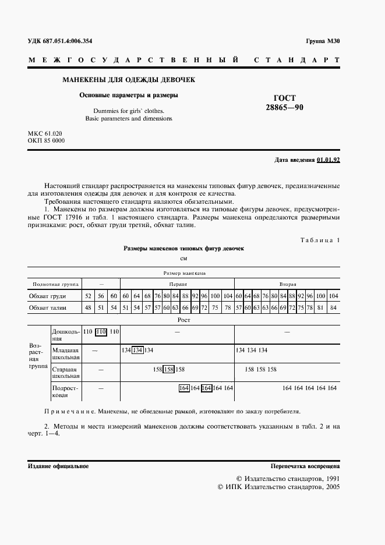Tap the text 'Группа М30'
pos(323,41)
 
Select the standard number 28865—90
pos(284,108)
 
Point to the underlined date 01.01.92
pos(329,159)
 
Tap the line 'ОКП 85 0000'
pos(47,141)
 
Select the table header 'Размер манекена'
pos(182,272)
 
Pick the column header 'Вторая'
pos(288,284)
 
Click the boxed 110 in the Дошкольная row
pos(101,331)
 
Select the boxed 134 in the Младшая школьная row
pos(137,350)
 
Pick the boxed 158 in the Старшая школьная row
pos(169,369)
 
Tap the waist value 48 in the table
pos(88,307)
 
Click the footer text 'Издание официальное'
pos(58,466)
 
